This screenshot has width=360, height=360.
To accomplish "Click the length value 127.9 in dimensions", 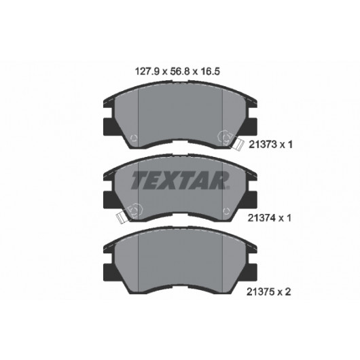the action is [147, 71].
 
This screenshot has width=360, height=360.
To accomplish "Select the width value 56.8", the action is [180, 71].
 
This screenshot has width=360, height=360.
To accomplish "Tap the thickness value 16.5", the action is [211, 71].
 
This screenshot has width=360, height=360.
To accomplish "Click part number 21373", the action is [262, 145].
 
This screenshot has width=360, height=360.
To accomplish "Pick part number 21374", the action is [262, 218].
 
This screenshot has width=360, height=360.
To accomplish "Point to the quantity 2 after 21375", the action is [288, 292].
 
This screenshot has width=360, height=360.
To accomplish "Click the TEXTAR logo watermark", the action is [181, 180].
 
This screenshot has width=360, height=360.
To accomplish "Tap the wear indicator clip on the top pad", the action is [238, 145].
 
